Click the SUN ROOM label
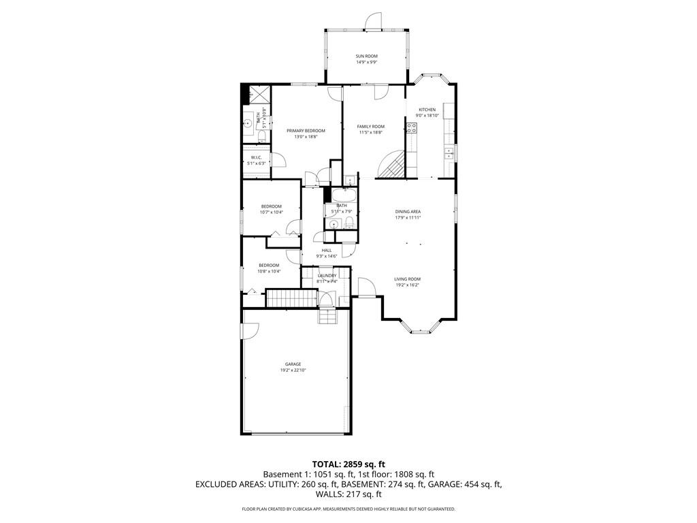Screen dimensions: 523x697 366,56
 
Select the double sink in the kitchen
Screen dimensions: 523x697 448,153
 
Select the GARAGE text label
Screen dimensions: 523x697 293,364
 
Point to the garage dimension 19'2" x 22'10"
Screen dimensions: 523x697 293,370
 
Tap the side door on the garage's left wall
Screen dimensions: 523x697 250,330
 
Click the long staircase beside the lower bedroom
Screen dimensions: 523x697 291,298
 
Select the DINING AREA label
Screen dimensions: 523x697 408,211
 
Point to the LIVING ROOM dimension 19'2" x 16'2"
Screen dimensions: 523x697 408,285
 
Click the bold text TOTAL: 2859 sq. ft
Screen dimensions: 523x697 348,464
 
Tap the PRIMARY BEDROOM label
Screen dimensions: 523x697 306,131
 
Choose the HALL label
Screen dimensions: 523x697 327,250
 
